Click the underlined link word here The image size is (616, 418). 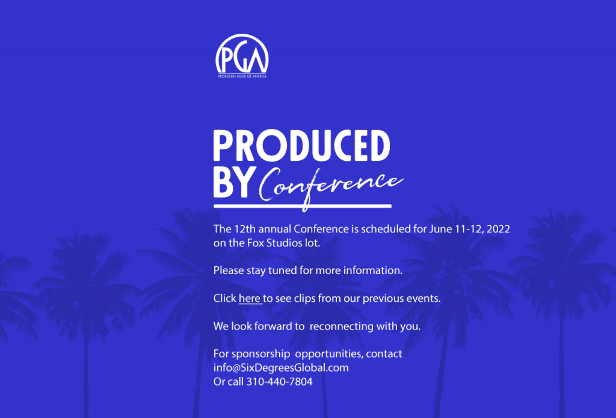point(250,298)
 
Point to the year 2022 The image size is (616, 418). point(499,229)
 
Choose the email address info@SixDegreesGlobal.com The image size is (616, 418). point(281,367)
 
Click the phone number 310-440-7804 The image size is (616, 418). point(279,381)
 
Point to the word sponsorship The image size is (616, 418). point(262,354)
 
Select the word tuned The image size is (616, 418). point(284,270)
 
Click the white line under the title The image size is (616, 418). point(302,207)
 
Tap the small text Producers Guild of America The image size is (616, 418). point(242,76)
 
